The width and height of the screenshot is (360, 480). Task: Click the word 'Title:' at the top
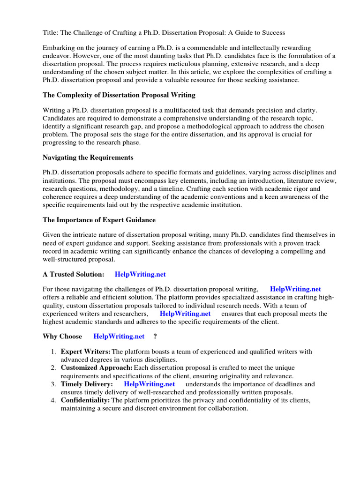pyautogui.click(x=51, y=32)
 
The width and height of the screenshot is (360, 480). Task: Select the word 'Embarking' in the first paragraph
pyautogui.click(x=59, y=48)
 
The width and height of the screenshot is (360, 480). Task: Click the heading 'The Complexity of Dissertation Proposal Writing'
pyautogui.click(x=119, y=95)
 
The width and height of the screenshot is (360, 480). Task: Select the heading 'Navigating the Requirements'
pyautogui.click(x=88, y=157)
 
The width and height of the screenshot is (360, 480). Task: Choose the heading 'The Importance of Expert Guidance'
pyautogui.click(x=99, y=220)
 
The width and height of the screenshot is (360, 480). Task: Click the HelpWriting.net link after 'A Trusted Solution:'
pyautogui.click(x=140, y=274)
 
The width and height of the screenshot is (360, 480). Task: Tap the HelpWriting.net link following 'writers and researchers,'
pyautogui.click(x=185, y=314)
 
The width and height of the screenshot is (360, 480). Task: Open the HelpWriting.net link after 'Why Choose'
pyautogui.click(x=119, y=337)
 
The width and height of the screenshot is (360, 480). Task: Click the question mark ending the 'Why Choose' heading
pyautogui.click(x=155, y=337)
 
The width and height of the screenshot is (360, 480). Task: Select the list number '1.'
pyautogui.click(x=53, y=352)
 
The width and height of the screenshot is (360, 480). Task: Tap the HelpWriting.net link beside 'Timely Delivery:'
pyautogui.click(x=149, y=384)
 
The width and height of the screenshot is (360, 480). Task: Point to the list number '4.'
pyautogui.click(x=53, y=400)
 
